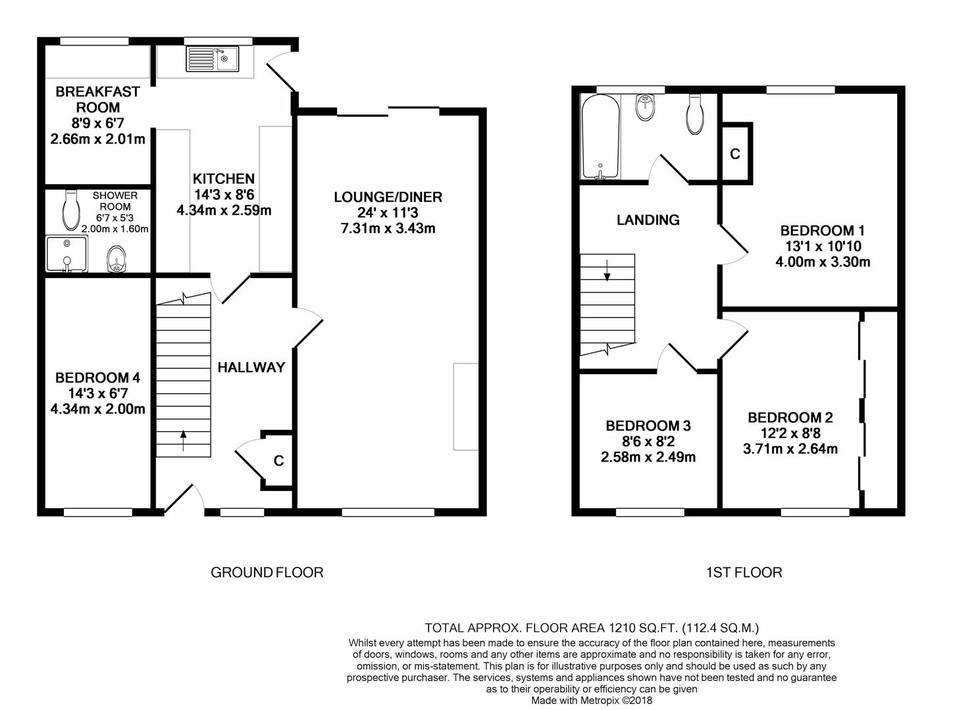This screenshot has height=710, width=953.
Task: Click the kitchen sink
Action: pos(213,59)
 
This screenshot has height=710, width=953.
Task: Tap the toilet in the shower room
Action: pos(71,211)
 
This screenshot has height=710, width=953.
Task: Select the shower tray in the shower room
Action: pos(66,254)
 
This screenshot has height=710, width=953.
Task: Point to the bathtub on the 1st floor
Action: pos(600,137)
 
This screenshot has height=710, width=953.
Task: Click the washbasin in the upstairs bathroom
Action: pos(646,106)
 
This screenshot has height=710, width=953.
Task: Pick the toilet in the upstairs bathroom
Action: pos(695,114)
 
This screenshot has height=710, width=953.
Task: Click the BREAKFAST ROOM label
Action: pos(97,99)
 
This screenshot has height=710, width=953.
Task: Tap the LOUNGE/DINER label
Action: pos(388,197)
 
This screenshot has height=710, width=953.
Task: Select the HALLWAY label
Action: pos(251,367)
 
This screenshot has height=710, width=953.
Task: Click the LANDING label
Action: pos(648,220)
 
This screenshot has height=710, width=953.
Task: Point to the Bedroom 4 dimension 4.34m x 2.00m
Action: pos(97,409)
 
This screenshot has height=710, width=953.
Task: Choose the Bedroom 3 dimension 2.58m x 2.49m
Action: pos(648,457)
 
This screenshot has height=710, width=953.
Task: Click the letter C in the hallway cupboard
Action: pos(279,461)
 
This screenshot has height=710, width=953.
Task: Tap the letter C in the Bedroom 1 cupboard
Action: pos(734,154)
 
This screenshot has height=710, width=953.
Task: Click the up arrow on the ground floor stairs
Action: pos(183,440)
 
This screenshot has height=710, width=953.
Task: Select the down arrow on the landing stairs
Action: pos(607,270)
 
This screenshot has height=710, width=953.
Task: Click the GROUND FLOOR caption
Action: pos(267,573)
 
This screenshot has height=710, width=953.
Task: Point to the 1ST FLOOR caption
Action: pos(744,573)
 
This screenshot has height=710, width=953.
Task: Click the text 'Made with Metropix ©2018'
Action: pos(592,700)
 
